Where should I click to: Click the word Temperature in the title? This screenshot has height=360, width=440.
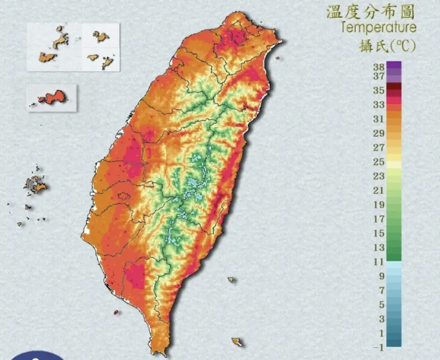tap(378, 27)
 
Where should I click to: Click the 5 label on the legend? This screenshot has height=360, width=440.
tap(380, 304)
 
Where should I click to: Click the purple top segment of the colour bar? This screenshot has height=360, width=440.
tap(394, 65)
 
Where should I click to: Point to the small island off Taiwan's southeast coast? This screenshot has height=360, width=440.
tap(231, 280)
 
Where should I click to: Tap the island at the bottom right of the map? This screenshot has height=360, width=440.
tap(238, 342)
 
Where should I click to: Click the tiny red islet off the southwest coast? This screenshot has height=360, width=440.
tap(116, 312)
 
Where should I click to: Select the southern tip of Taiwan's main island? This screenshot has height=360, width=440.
tap(150, 352)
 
